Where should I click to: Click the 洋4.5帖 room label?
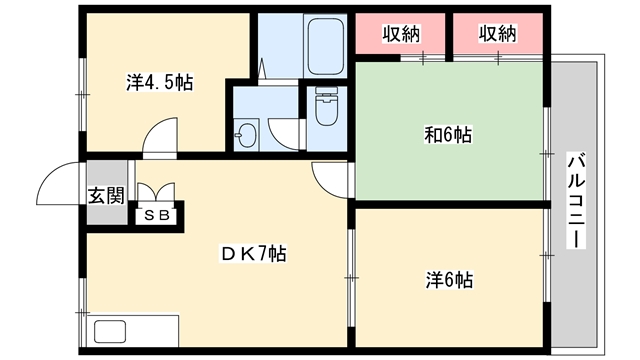160,82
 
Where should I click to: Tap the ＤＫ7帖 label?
253,254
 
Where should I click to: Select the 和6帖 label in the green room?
448,135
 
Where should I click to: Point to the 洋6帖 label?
449,280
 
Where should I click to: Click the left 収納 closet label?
401,33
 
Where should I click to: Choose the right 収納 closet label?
498,33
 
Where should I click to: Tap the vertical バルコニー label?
576,200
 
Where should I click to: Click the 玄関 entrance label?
107,196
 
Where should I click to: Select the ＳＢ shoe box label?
157,216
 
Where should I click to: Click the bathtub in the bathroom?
325,45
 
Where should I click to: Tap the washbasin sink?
247,133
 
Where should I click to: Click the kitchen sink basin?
110,331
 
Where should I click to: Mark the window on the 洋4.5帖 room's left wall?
83,94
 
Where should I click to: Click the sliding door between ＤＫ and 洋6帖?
351,278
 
